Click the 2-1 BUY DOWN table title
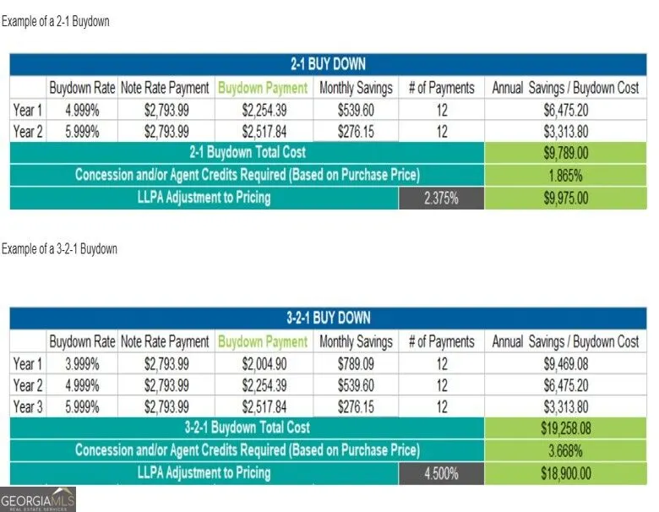tap(329, 64)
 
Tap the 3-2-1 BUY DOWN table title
tap(329, 318)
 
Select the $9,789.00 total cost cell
tap(566, 153)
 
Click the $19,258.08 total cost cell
tap(566, 428)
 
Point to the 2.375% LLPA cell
tap(441, 198)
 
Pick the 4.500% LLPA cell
tap(441, 474)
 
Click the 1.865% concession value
tap(566, 176)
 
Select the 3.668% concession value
tap(566, 451)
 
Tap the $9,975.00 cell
tap(566, 198)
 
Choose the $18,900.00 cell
tap(566, 474)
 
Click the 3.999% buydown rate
tap(82, 364)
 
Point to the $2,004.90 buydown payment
tap(264, 364)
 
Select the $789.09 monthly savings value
tap(356, 364)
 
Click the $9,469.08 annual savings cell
tap(566, 364)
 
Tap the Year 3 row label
tap(28, 407)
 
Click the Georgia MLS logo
tap(38, 499)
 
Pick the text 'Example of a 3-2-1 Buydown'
tap(59, 249)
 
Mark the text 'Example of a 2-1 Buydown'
tap(56, 21)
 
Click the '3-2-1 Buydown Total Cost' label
tap(247, 428)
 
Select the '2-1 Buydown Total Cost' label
tap(247, 152)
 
